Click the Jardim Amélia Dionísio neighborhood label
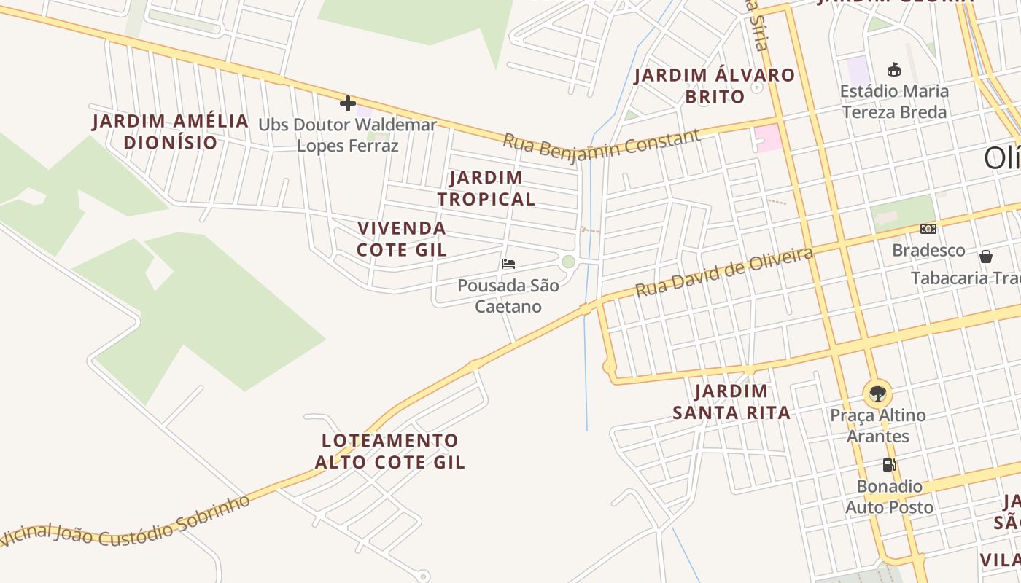(x=171, y=131)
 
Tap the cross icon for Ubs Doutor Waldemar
(x=348, y=103)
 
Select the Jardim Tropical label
(x=486, y=188)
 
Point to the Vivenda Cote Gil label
(x=402, y=238)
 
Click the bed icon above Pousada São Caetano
(x=508, y=264)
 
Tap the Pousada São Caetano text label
(x=508, y=295)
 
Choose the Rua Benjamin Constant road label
(x=601, y=146)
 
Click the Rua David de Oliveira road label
(x=724, y=272)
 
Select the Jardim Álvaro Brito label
(x=714, y=85)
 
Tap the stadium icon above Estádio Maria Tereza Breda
(x=893, y=70)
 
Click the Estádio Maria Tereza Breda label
(x=894, y=101)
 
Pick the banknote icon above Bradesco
(x=928, y=229)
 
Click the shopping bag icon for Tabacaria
(x=986, y=257)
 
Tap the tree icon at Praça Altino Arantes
(x=877, y=394)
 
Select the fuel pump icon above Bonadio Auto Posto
(x=889, y=464)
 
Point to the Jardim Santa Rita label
(x=731, y=402)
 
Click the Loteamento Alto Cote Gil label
(x=390, y=451)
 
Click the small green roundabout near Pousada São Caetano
(x=569, y=262)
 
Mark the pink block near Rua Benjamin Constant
(x=767, y=138)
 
